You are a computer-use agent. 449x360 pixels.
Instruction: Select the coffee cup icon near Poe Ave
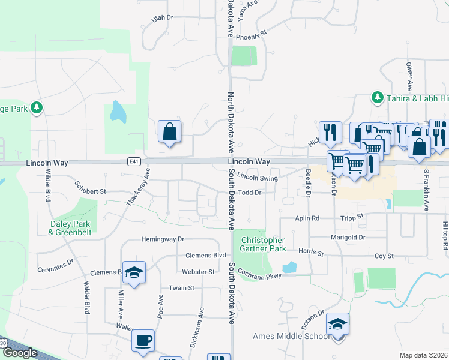click(143, 341)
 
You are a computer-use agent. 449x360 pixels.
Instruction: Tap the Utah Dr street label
click(162, 18)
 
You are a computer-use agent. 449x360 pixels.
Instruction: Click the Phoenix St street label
click(251, 36)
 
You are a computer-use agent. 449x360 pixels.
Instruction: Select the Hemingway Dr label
click(162, 239)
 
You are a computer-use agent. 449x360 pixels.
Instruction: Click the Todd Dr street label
click(250, 193)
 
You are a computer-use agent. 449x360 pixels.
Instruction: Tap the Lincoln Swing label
click(257, 178)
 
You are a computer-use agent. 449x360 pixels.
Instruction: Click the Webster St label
click(198, 272)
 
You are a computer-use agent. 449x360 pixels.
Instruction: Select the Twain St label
click(181, 288)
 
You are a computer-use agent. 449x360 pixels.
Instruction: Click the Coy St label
click(384, 256)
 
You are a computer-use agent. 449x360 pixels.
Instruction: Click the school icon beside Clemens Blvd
click(134, 272)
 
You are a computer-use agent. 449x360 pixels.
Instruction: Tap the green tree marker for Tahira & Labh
click(377, 97)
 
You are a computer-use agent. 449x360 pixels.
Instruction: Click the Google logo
click(20, 353)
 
